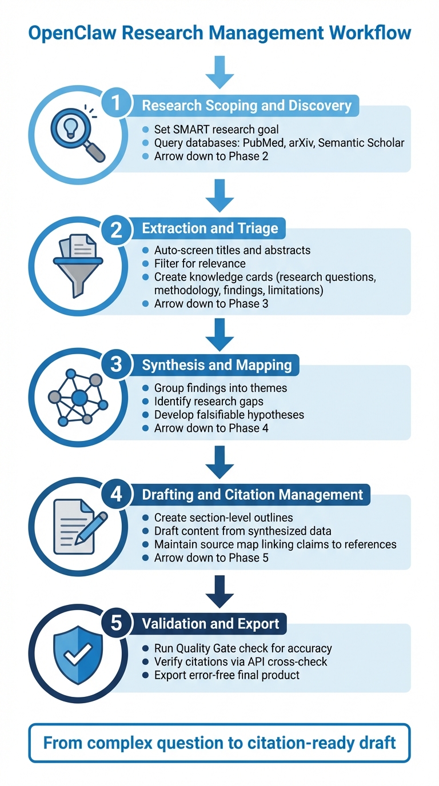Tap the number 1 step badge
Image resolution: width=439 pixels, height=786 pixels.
pos(116,104)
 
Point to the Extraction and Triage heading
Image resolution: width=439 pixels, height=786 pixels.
pos(210,228)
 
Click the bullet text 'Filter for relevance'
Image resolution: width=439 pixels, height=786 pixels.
pos(199,263)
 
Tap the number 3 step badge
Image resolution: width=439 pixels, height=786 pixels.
pos(116,364)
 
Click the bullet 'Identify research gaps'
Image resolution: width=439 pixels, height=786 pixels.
pos(208,401)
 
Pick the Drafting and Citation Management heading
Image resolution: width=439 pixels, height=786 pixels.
pos(252,494)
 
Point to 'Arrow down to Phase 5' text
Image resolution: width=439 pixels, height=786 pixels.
pos(211,557)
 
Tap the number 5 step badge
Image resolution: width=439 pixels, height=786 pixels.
pos(116,623)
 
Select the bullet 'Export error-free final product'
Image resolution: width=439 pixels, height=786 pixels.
pos(226,675)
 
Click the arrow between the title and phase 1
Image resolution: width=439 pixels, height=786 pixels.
pos(219,73)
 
